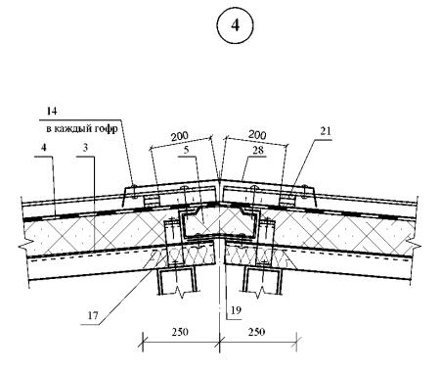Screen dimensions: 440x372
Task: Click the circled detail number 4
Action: pos(235,25)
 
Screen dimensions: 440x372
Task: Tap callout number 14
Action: pos(52,112)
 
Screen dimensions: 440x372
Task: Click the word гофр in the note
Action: pos(107,129)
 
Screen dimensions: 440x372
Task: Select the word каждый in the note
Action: pos(73,129)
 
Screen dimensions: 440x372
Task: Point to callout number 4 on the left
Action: pos(44,148)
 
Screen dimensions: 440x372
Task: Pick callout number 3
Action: pos(85,148)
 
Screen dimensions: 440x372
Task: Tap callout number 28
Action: pos(257,151)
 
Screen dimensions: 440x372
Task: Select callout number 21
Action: pos(325,131)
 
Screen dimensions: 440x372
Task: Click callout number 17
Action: pos(93,316)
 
